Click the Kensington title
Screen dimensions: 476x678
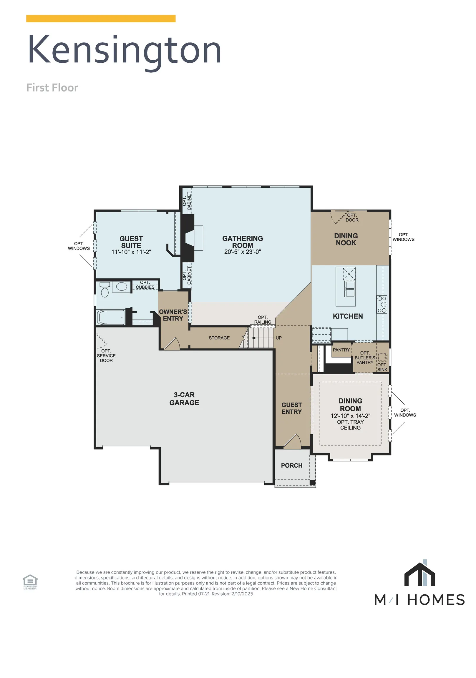[x=125, y=51]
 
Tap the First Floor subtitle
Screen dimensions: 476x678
[x=52, y=88]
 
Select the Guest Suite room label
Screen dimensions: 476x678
[x=131, y=242]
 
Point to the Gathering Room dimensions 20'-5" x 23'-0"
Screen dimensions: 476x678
[x=242, y=252]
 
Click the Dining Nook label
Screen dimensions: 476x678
[x=346, y=239]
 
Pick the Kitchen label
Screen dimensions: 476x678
[x=348, y=316]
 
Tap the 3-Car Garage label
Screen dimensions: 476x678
[x=184, y=399]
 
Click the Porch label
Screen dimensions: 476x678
[x=292, y=466]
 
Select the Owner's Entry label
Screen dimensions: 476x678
[x=173, y=315]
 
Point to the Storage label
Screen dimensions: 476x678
[x=219, y=338]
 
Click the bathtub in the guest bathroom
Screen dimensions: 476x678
[x=111, y=318]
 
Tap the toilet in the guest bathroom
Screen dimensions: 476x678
[x=105, y=290]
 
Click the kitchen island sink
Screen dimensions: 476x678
[x=349, y=288]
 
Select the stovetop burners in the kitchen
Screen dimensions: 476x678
[x=382, y=304]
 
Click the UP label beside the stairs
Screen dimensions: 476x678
[x=279, y=338]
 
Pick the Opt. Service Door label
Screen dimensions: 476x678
[x=106, y=356]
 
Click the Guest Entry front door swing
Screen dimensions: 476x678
[x=293, y=441]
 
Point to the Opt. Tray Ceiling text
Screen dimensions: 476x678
[x=350, y=425]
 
